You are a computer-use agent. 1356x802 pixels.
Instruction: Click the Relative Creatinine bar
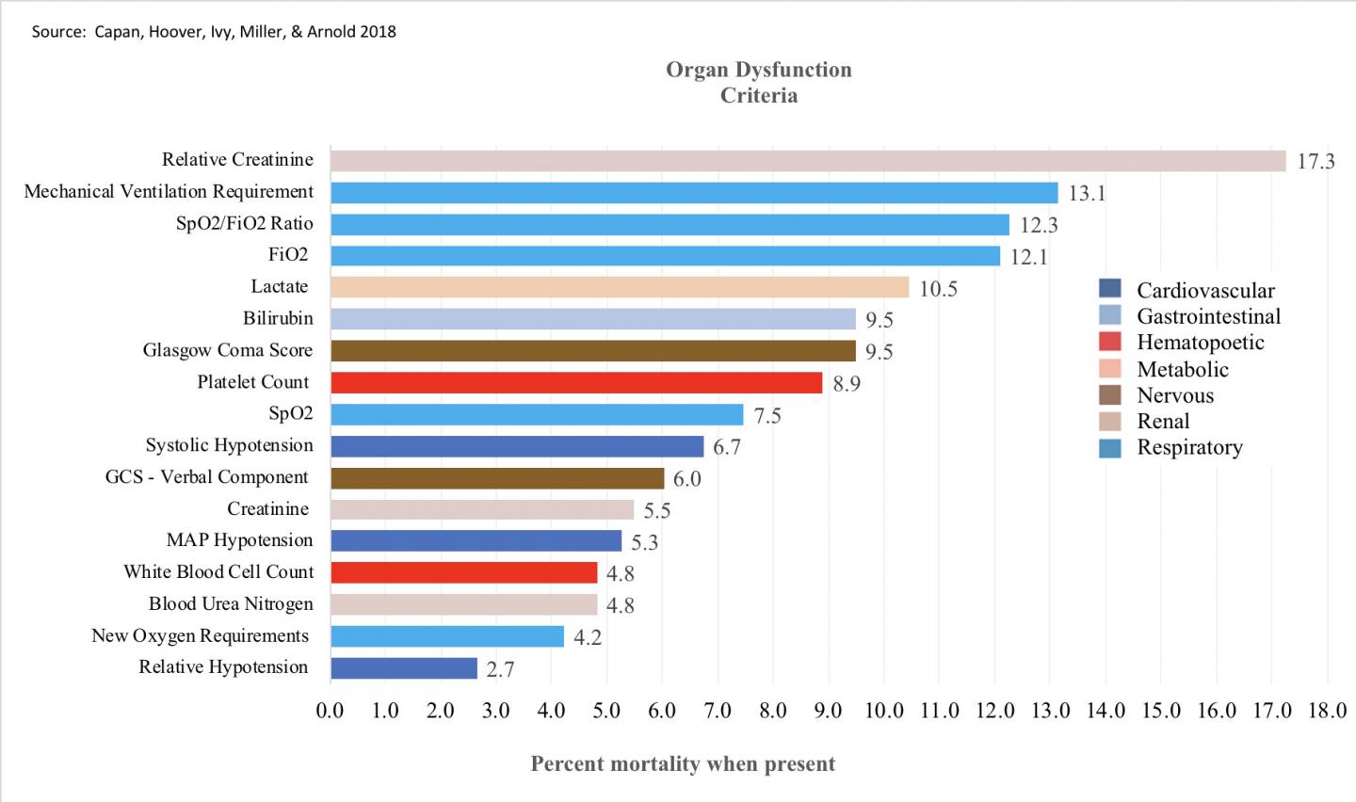807,161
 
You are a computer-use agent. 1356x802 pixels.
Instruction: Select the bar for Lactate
619,287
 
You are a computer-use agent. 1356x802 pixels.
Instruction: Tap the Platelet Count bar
575,382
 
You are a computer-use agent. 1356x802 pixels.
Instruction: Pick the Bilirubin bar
592,319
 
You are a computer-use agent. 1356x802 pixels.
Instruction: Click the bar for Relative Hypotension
403,668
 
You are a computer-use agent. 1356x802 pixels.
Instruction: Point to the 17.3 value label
1316,162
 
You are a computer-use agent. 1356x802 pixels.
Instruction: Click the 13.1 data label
1087,194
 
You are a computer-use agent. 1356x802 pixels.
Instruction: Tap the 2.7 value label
500,669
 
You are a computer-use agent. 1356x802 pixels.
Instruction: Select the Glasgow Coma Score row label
227,350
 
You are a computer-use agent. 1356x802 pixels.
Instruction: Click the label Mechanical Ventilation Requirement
169,192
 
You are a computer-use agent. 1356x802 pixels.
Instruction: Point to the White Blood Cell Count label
218,572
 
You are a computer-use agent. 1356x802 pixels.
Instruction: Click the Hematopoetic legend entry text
1200,343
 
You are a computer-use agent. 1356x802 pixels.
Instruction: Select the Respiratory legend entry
1189,447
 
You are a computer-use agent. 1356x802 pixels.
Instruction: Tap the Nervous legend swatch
1110,395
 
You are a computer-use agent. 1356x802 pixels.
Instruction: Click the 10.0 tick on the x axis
883,711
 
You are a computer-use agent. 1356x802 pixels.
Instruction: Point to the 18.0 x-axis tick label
1327,711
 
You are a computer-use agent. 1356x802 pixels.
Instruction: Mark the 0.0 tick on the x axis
330,711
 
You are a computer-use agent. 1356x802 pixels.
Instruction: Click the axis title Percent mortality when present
683,763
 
